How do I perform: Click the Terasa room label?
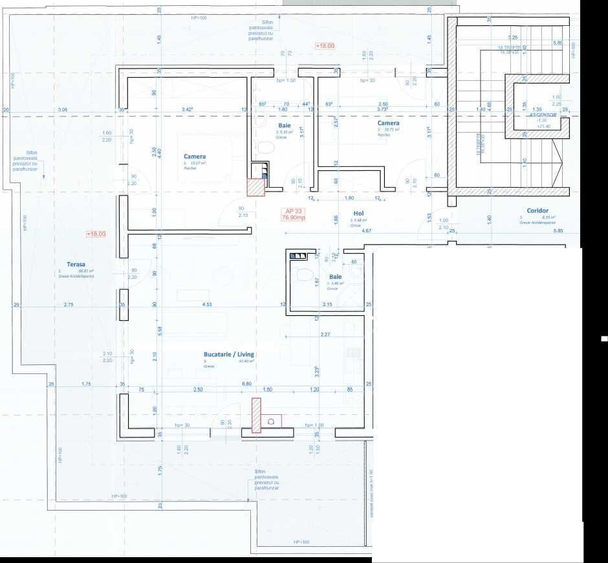click(67, 264)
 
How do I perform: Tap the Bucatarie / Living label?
click(228, 355)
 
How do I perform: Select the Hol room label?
click(357, 213)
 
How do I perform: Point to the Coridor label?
click(537, 211)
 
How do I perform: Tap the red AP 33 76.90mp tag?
click(293, 214)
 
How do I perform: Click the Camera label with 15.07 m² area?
click(195, 157)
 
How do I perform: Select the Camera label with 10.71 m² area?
click(388, 123)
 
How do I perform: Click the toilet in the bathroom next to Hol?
click(305, 274)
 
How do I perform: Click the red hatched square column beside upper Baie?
click(256, 186)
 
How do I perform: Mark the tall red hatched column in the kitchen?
click(256, 415)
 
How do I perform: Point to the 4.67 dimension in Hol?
click(366, 230)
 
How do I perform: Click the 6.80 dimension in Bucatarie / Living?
click(246, 384)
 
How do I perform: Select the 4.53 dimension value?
click(206, 304)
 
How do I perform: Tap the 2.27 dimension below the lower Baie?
click(325, 335)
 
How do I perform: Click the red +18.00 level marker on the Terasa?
click(94, 234)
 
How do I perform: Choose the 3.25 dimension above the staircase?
click(513, 38)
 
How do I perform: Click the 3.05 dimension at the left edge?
click(63, 110)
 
